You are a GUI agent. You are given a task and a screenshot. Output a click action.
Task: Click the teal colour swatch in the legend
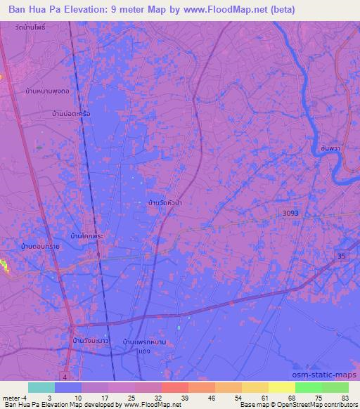tap(41, 388)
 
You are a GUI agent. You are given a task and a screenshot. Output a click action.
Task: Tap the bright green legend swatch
tap(309, 388)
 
